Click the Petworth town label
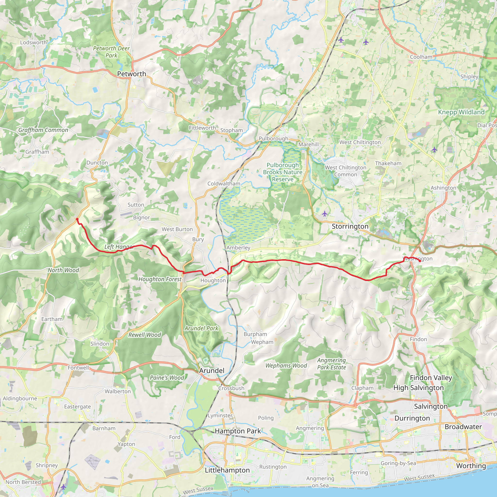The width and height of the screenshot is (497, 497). [x=132, y=74]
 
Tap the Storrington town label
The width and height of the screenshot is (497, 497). [x=350, y=226]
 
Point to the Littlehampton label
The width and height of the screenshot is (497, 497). [x=227, y=470]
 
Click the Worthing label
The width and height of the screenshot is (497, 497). [x=471, y=466]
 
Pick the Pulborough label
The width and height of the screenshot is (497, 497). [x=273, y=138]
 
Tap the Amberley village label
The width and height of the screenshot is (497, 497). [x=238, y=248]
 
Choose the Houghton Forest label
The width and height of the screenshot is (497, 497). [x=160, y=279]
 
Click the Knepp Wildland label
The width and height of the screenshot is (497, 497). [x=461, y=112]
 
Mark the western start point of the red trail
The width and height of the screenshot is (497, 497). [x=77, y=219]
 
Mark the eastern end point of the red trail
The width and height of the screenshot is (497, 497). [x=420, y=261]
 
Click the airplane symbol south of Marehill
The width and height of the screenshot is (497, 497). [x=325, y=214]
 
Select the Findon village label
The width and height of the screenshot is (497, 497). [x=418, y=339]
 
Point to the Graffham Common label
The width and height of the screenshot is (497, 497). [x=43, y=130]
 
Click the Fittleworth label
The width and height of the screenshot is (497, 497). [x=202, y=128]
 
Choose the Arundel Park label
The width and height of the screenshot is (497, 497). [x=201, y=328]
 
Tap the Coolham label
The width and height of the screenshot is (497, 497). [x=421, y=57]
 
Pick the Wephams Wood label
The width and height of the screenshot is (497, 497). [x=286, y=365]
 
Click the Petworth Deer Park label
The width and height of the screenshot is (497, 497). [x=111, y=52]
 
